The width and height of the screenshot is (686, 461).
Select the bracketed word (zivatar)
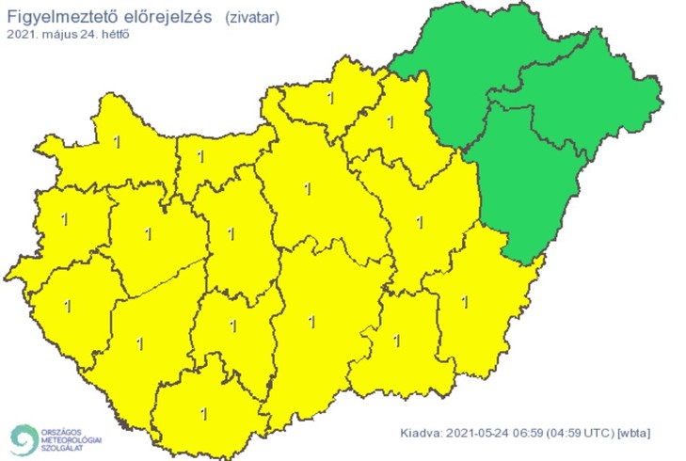[x=252, y=16]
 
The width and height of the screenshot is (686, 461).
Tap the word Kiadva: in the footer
[x=421, y=433]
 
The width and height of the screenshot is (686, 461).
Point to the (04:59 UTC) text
[x=580, y=433]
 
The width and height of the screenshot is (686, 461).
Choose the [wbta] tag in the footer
[x=632, y=433]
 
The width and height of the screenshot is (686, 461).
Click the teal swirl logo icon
[x=24, y=438]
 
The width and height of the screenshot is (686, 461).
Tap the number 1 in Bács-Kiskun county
[x=311, y=321]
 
